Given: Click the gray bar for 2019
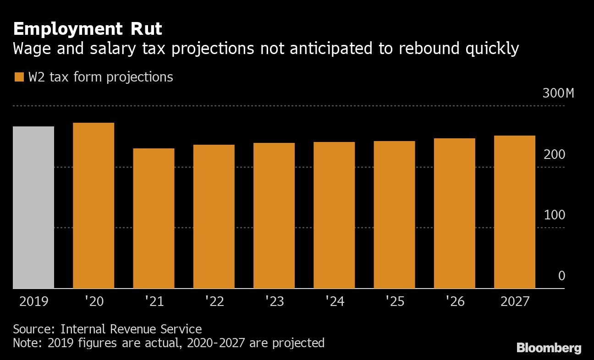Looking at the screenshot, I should pos(33,207).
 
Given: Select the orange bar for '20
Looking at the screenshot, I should pos(93,206).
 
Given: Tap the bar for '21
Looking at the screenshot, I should pos(154,218).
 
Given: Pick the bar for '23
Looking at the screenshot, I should pos(274,216).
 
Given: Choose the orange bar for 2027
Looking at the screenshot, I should pos(515,212).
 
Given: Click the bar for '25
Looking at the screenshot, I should pos(394,215).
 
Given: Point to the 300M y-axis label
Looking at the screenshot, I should pos(558,93).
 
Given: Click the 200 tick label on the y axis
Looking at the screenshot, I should pos(555,155).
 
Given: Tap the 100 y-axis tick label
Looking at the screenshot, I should pos(555,215).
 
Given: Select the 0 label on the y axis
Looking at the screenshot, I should pos(561,276).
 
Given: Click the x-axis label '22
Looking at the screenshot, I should pos(214,301).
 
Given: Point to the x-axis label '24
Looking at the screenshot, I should pos(334,301).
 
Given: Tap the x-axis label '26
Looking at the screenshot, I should pos(455,301).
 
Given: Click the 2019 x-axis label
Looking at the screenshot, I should pos(33,301).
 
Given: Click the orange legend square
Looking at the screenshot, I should pos(19,77).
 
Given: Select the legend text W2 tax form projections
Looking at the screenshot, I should pos(101,77).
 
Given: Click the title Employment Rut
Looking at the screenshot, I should pos(88,29).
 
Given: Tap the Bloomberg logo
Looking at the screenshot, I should pos(549,348).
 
